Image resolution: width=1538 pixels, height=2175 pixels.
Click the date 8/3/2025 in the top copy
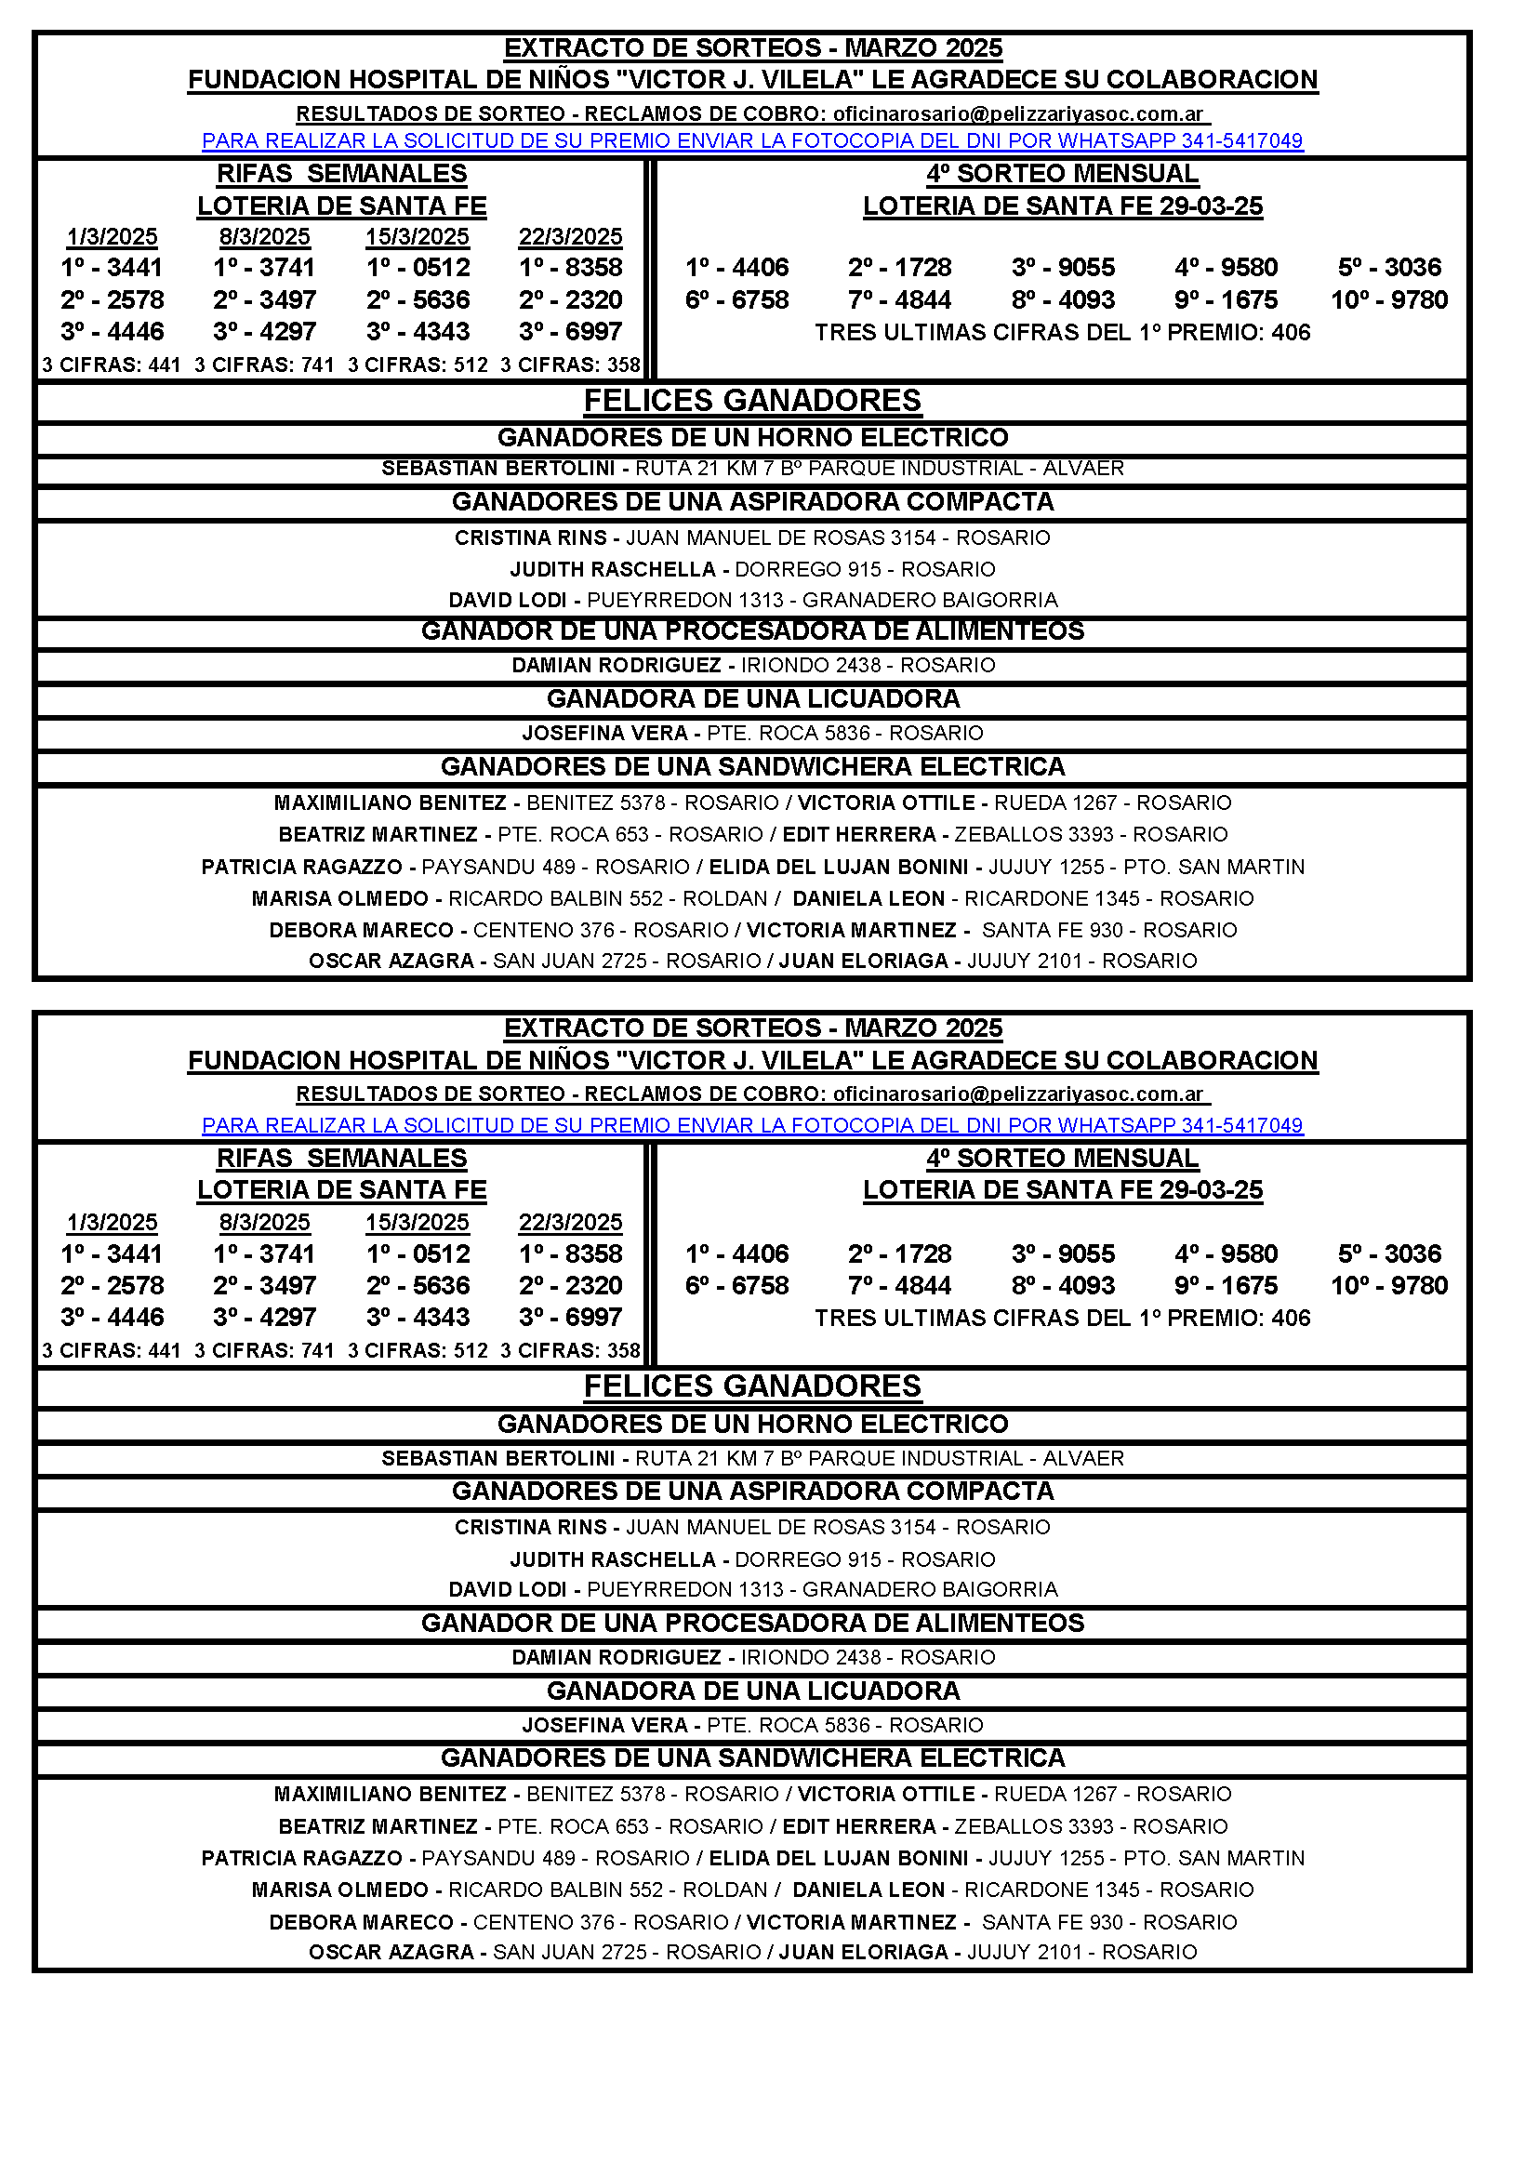coord(264,237)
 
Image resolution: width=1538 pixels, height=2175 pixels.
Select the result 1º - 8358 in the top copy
coord(570,268)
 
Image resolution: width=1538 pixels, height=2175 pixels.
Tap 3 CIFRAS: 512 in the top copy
coord(418,365)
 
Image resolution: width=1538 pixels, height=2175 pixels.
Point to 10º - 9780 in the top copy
coord(1389,300)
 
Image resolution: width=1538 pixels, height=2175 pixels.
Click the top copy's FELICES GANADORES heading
coord(752,401)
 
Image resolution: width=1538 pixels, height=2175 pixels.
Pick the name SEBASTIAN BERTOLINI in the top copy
coord(498,469)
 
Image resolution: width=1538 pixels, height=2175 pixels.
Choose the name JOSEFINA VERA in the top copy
coord(604,733)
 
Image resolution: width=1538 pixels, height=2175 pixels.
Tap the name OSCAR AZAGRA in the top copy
coord(391,962)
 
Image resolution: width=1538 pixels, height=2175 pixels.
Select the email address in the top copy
coord(1018,114)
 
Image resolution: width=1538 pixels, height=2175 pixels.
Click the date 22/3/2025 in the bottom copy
coord(570,1223)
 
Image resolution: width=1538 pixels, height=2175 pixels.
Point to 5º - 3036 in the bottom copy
coord(1389,1254)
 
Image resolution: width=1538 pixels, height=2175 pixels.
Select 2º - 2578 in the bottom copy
coord(112,1286)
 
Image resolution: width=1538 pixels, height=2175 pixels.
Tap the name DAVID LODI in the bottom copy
coord(508,1589)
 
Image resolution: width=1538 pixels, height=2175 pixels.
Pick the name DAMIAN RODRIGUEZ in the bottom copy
coord(617,1658)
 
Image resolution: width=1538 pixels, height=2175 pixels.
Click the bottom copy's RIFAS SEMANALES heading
coord(342,1159)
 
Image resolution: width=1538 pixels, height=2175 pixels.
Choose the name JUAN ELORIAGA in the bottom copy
coord(863,1953)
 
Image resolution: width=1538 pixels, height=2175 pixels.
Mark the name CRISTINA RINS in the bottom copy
coord(530,1527)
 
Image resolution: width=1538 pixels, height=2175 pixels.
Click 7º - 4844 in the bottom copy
coord(900,1286)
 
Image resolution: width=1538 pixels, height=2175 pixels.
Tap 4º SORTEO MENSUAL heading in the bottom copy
coord(1063,1159)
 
